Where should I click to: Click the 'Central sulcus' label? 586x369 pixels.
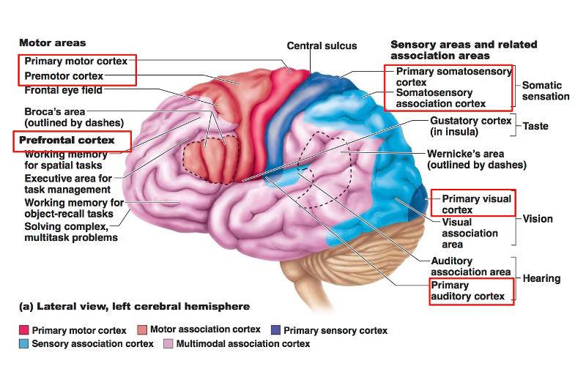tap(322, 45)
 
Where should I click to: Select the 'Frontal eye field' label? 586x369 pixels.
tap(63, 91)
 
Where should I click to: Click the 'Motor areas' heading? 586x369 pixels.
tap(52, 43)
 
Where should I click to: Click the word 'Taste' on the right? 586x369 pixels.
tap(535, 126)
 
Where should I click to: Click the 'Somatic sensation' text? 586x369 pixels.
tap(545, 91)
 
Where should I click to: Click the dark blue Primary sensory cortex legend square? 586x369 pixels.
tap(275, 331)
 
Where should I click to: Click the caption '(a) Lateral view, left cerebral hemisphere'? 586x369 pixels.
tap(134, 306)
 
